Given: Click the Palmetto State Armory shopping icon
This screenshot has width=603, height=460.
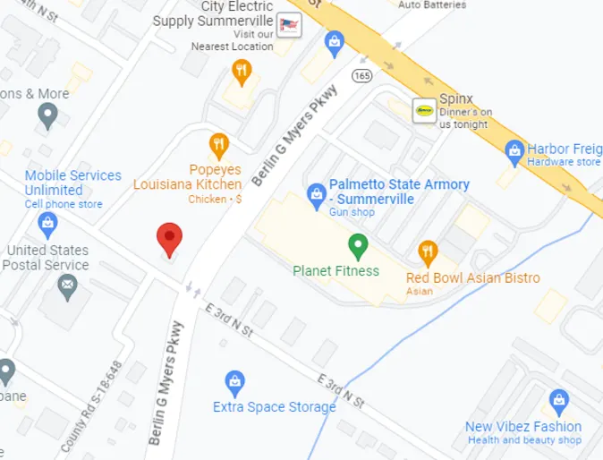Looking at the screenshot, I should point(316,192).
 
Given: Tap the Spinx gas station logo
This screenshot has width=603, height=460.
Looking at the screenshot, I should point(424,111).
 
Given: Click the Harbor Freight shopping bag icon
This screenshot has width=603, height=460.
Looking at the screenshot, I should point(514,149).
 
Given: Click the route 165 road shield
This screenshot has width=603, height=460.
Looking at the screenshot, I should point(362,74).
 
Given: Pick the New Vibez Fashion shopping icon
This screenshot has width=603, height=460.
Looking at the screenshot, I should point(559,400).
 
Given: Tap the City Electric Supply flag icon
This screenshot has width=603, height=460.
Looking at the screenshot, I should point(290,24).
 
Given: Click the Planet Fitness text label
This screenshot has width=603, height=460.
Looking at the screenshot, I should point(336,270).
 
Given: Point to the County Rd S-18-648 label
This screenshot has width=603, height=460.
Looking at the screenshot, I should point(90,406).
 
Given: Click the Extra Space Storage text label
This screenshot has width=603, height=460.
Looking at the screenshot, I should point(275,407).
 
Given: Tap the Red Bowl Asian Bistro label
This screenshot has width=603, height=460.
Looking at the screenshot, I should point(473,277).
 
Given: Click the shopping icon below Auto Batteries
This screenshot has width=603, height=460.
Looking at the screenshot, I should point(334,40).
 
